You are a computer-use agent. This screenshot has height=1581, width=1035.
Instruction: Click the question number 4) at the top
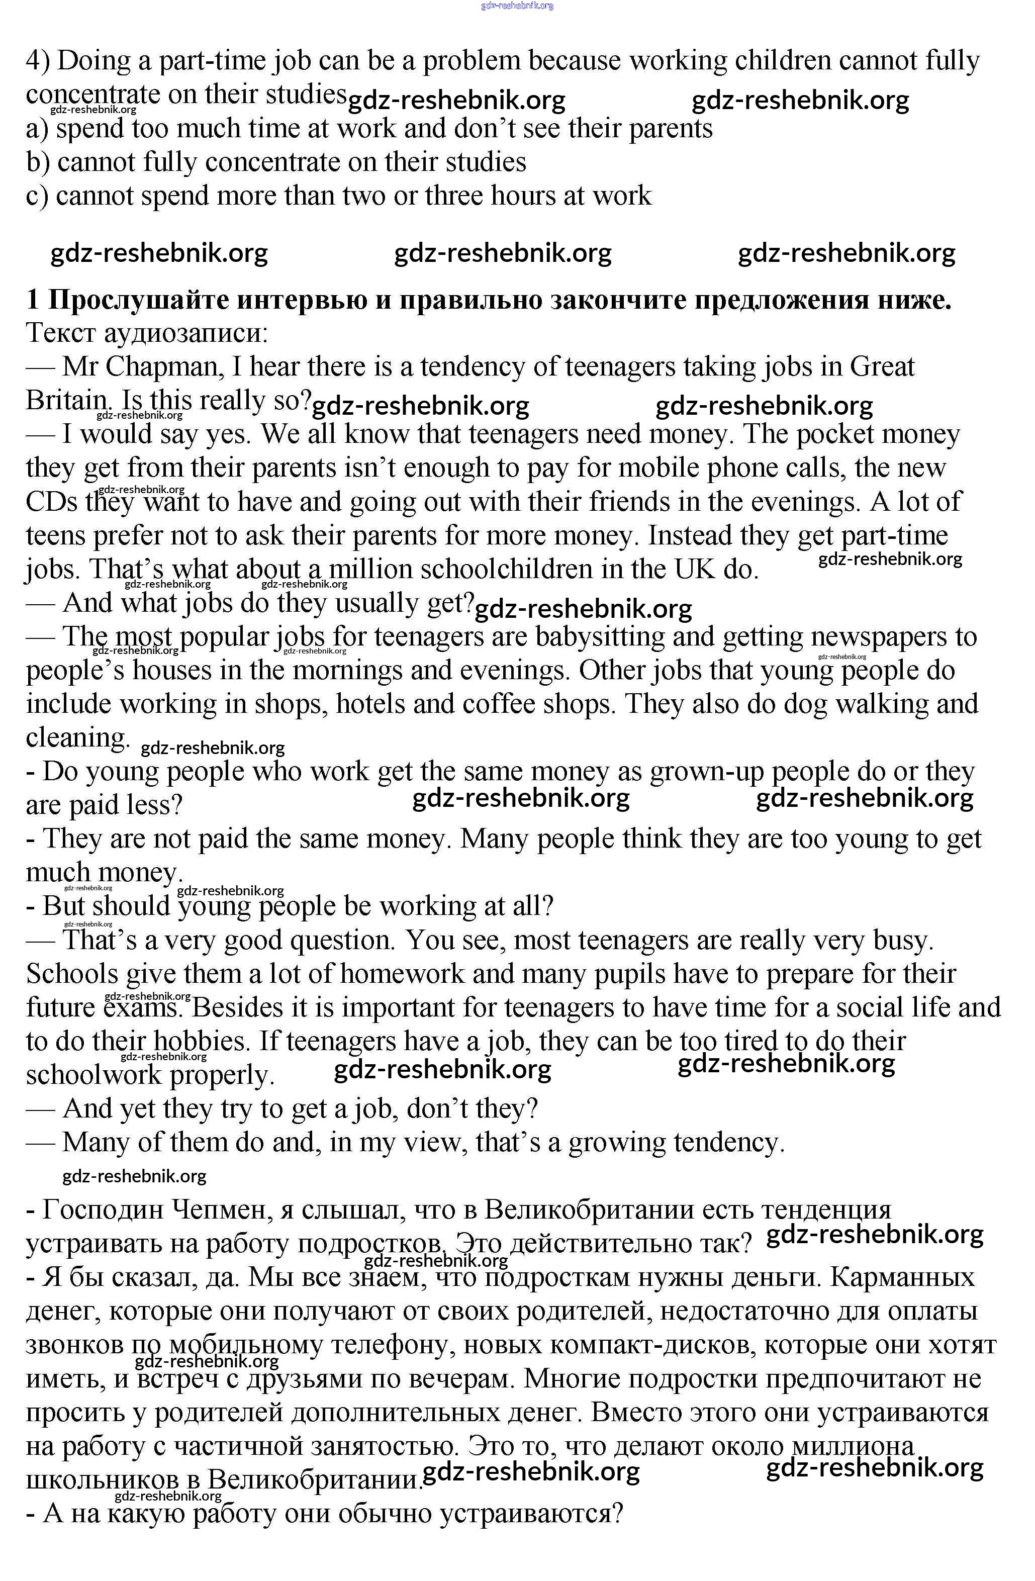pos(39,61)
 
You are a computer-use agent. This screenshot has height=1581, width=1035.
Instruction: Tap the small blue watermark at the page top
pos(517,6)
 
